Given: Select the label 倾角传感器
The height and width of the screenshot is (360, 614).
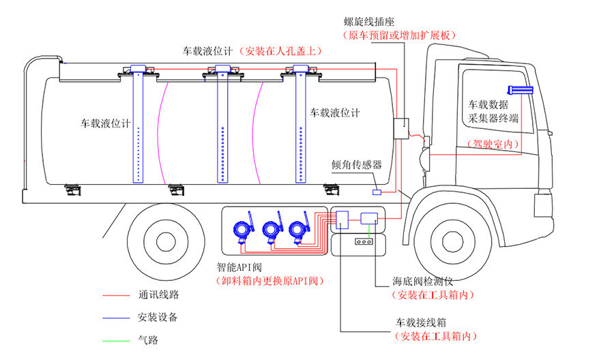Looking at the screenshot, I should (x=356, y=165).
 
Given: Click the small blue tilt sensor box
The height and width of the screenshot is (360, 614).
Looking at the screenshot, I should (x=377, y=193).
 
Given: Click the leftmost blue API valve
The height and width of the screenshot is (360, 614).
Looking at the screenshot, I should (x=240, y=230).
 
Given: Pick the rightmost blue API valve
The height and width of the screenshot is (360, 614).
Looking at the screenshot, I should (x=297, y=230).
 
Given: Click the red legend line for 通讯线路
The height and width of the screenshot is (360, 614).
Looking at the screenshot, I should (x=117, y=296).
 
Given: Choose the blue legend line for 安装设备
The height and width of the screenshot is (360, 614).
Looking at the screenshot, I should (x=117, y=318).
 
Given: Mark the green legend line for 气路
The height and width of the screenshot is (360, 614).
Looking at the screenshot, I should (x=117, y=339).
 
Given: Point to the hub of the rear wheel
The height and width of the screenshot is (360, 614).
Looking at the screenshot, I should (x=166, y=241).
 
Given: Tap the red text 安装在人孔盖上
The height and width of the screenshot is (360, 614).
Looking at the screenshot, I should (x=282, y=50).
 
